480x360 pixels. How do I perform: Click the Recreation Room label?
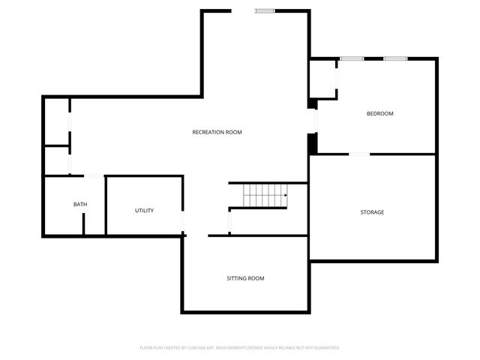(x=217, y=132)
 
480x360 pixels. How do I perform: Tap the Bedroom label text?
(x=379, y=114)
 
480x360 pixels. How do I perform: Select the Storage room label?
(x=372, y=212)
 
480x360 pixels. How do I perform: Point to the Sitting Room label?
(x=245, y=278)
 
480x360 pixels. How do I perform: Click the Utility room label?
(x=144, y=211)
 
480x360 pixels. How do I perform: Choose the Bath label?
(x=79, y=205)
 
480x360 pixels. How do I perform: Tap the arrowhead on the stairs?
(x=285, y=196)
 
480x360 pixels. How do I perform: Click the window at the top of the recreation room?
(x=265, y=10)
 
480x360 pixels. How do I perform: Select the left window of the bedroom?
(x=352, y=58)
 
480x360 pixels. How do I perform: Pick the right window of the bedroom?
(x=395, y=58)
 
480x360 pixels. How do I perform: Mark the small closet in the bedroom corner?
(x=323, y=80)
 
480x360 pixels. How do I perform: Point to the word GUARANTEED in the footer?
(x=324, y=348)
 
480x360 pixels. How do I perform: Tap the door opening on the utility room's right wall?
(x=183, y=223)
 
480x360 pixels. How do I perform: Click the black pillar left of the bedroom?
(x=313, y=143)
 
